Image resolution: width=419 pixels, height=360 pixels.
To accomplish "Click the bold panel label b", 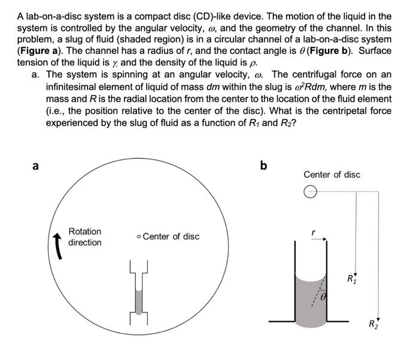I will tap(263, 164).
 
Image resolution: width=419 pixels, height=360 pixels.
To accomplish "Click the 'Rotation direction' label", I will tap(84, 237).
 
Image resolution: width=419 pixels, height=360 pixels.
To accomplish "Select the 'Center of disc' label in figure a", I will tap(171, 236).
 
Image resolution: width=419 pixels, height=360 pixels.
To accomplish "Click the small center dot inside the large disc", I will tap(139, 237).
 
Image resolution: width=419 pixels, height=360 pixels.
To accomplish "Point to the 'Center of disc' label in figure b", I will tap(332, 175).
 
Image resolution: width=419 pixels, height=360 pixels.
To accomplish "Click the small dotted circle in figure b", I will tap(309, 192).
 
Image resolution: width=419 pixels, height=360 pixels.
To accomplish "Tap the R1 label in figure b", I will tap(351, 278).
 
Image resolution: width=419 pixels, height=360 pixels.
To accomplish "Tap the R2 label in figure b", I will tap(374, 325).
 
